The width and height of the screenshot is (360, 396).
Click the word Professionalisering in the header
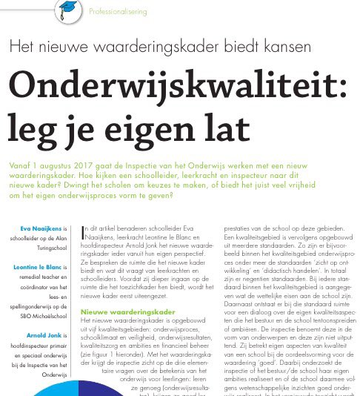tap(119, 12)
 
